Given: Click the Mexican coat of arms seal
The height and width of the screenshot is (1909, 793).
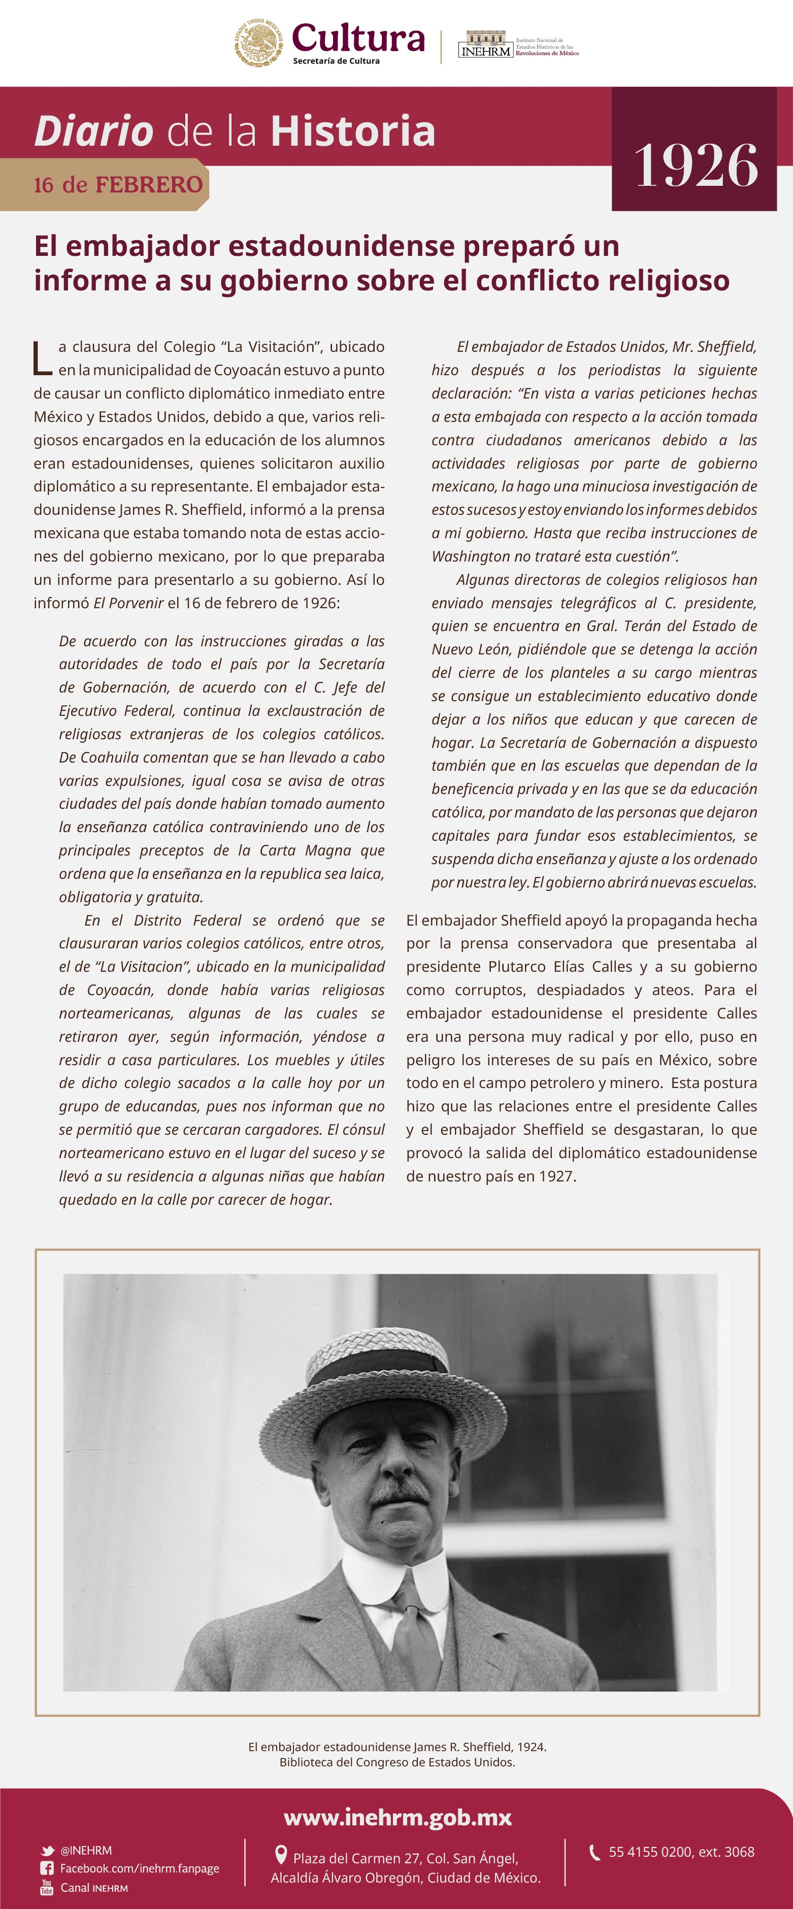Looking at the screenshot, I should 258,43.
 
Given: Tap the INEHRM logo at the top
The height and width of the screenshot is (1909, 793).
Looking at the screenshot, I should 485,45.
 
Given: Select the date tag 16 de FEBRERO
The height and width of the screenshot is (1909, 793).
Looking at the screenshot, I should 118,184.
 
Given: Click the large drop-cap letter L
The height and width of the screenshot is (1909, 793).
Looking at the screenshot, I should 42,358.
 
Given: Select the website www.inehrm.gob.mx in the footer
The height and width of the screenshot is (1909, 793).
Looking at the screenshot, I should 397,1818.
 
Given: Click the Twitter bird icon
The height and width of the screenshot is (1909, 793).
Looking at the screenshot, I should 47,1851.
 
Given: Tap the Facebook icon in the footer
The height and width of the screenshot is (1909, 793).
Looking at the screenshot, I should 47,1868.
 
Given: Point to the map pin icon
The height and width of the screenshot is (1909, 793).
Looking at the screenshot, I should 281,1855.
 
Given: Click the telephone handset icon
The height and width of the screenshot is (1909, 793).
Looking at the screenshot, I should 594,1853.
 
